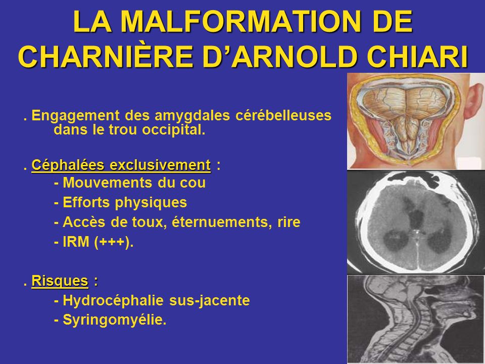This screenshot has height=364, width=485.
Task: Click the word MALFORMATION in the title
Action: coord(241,22)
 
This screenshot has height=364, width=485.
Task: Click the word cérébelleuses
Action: coord(283,115)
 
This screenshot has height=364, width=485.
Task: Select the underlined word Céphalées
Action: coord(69,165)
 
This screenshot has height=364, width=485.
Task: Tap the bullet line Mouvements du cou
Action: coord(130,183)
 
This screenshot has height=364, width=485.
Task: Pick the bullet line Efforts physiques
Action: coord(120,203)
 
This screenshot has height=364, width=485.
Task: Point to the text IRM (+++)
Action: coord(94,242)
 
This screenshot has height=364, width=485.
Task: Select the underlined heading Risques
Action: coord(60,282)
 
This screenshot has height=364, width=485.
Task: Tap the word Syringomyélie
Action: coord(115,320)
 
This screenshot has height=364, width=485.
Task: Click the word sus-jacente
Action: coord(210,300)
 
